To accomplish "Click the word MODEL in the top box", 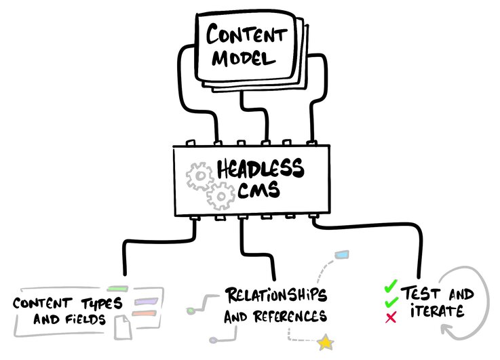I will tap(245, 58).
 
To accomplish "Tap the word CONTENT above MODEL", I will tap(247, 33).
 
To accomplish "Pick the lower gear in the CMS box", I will tap(220, 197).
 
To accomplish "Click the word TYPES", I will tap(97, 301).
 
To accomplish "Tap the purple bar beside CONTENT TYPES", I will tap(145, 300).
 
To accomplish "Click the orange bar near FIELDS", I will tap(144, 314).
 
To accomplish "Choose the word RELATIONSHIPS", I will tap(275, 296).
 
